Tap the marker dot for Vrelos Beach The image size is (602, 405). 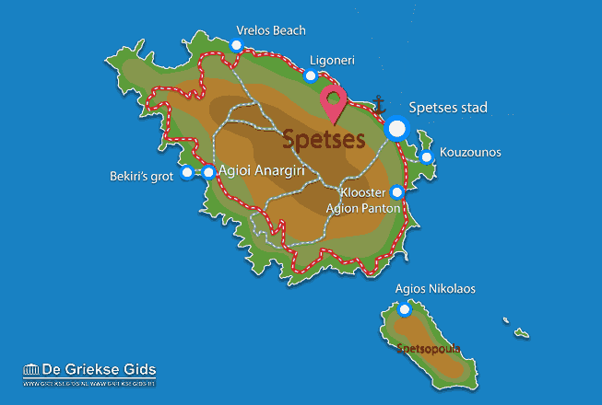(237, 45)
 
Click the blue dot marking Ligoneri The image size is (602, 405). (311, 75)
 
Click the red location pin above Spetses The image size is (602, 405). (333, 103)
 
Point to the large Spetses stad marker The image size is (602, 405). (397, 130)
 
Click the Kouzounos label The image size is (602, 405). (470, 152)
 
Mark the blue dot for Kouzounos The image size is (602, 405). (426, 157)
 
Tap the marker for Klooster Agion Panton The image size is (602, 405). (396, 192)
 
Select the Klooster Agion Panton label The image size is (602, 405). (362, 201)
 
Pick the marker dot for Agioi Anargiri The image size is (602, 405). (208, 171)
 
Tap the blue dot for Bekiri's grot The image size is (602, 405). (187, 172)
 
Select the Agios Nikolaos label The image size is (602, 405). (435, 288)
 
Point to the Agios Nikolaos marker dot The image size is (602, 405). (404, 309)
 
